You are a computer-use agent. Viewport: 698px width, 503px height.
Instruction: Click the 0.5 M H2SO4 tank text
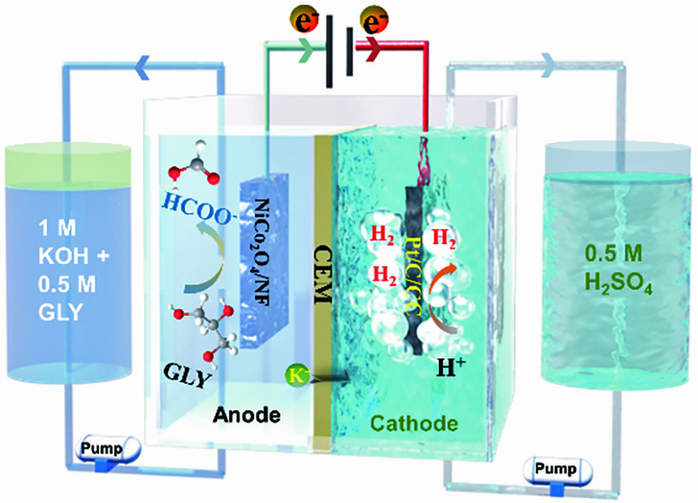[x=608, y=265]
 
